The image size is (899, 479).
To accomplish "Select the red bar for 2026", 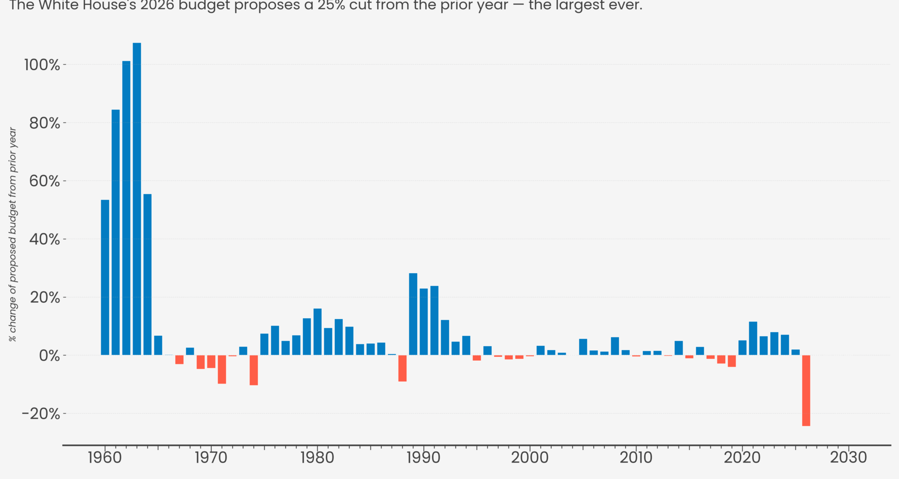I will point(806,391).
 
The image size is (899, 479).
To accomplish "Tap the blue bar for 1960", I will point(105,277).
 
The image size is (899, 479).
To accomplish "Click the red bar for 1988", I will point(402,368).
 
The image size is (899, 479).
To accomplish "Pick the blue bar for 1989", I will point(413,314).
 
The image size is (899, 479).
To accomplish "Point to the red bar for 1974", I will point(254,370).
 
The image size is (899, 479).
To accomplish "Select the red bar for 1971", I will point(222,370).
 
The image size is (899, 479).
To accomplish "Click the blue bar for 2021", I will point(753,338).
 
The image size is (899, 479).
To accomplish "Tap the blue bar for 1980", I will point(317,332).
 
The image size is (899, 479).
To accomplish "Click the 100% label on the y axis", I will point(42,65).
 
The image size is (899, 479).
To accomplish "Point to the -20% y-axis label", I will point(41,414).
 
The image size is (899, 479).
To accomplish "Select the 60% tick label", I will point(44,181).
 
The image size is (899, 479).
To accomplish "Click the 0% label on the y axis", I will point(49,356).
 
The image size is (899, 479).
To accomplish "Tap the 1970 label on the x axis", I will point(211,457).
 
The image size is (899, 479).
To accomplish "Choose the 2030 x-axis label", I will point(848,457).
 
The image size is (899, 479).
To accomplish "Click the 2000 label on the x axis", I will point(530,457).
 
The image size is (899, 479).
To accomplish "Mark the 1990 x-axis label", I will point(423,457).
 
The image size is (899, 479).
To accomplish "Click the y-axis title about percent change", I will point(13,234).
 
